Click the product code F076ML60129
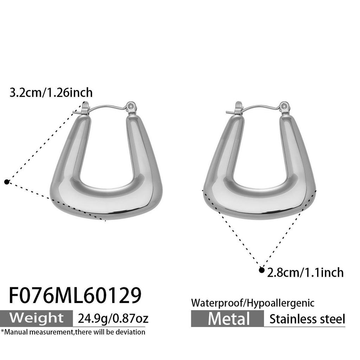click(75, 295)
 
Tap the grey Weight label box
click(37, 318)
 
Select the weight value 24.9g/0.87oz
click(113, 319)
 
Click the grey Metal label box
click(229, 319)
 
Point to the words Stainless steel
click(307, 319)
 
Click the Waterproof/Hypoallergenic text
click(253, 303)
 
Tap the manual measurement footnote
click(73, 332)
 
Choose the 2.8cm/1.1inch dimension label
click(305, 272)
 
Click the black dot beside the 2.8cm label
click(261, 270)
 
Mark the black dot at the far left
click(6, 181)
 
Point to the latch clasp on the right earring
click(238, 107)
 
